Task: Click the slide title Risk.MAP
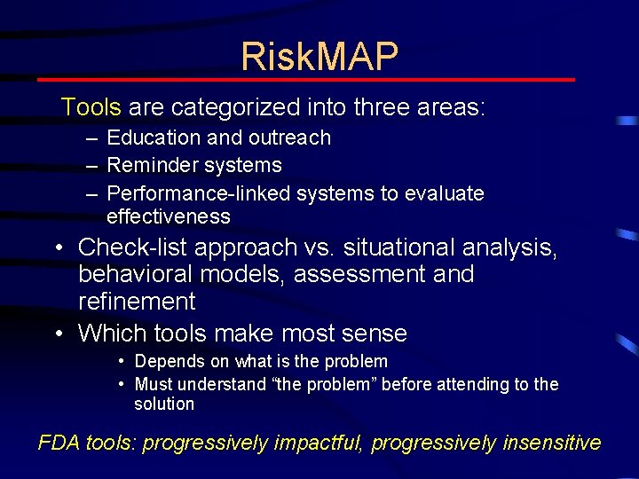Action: [319, 57]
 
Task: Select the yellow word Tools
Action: [91, 108]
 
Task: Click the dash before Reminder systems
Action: [92, 166]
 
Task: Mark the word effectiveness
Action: [168, 216]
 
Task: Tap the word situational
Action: [396, 247]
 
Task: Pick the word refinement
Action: [137, 302]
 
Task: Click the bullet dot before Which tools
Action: [58, 334]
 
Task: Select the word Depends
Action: [167, 362]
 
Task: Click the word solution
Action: [163, 404]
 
